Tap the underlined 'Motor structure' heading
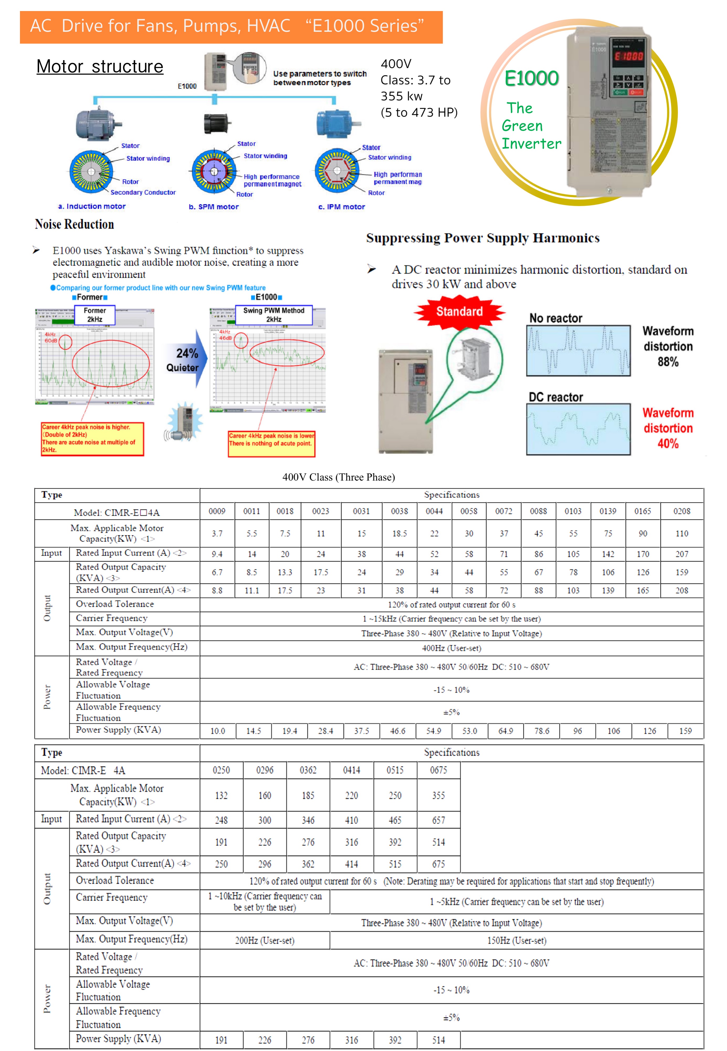pos(100,66)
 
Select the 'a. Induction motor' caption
pos(92,207)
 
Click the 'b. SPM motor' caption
pos(214,207)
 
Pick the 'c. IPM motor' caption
pos(342,207)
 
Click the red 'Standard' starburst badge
pos(459,312)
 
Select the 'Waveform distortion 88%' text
pos(668,346)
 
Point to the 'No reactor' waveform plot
pos(578,351)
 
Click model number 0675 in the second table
pos(439,770)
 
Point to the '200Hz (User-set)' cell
pos(265,940)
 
